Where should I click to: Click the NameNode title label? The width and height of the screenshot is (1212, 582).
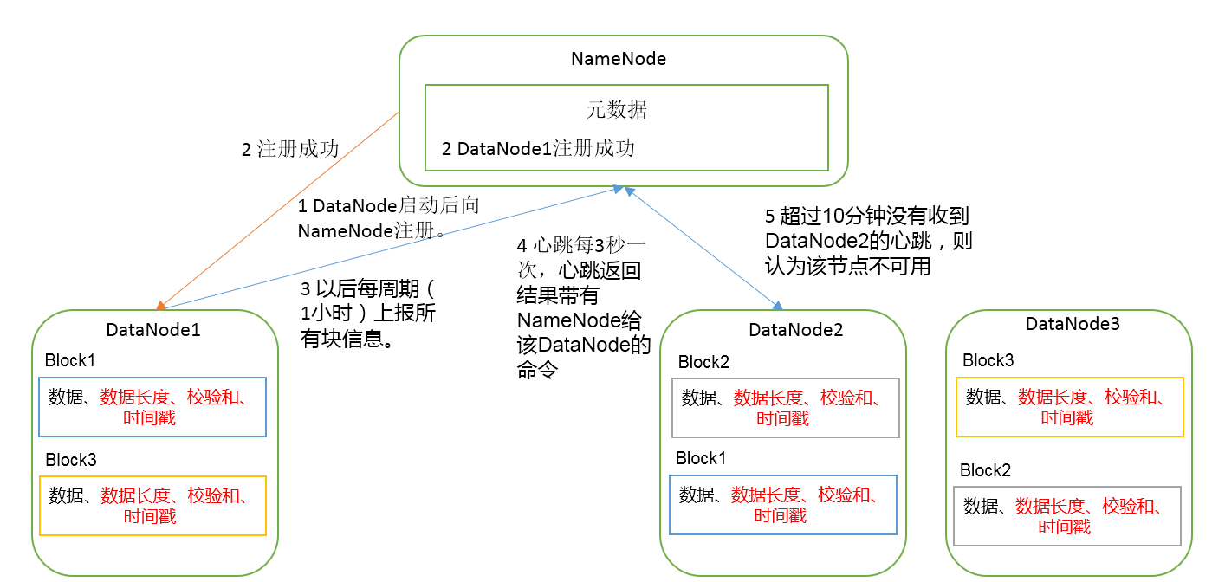click(619, 58)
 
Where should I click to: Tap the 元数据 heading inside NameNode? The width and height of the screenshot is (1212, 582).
click(617, 110)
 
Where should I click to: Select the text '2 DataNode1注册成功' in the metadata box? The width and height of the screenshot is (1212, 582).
click(538, 148)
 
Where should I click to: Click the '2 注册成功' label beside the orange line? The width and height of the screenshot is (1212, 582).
click(290, 149)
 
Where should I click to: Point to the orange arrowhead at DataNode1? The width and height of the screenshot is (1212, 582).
click(160, 306)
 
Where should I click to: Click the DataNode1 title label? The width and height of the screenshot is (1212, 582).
click(153, 329)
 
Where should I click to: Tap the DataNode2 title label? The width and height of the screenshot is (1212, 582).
click(796, 329)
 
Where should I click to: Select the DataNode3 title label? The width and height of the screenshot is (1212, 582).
click(1073, 323)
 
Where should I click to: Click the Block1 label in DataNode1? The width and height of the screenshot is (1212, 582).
click(70, 359)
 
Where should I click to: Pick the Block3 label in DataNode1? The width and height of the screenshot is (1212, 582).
click(71, 460)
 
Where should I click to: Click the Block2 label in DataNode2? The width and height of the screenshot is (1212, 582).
click(704, 361)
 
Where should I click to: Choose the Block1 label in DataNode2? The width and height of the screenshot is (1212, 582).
click(701, 458)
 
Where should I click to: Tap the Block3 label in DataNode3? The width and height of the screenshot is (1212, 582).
click(988, 359)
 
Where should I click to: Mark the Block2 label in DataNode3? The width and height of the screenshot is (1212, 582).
click(985, 470)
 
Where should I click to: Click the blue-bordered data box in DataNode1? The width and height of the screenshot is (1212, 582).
click(152, 378)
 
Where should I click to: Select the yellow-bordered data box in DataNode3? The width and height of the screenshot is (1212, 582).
click(1070, 378)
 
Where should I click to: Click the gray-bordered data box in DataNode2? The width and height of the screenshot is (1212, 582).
click(786, 378)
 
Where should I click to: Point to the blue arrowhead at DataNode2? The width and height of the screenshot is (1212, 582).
click(777, 306)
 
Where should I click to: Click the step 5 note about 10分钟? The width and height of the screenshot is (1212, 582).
click(868, 241)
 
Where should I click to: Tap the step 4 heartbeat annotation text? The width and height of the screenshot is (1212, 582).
click(583, 307)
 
